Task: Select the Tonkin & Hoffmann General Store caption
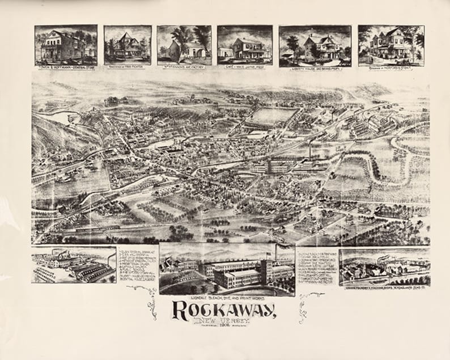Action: click(x=65, y=63)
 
